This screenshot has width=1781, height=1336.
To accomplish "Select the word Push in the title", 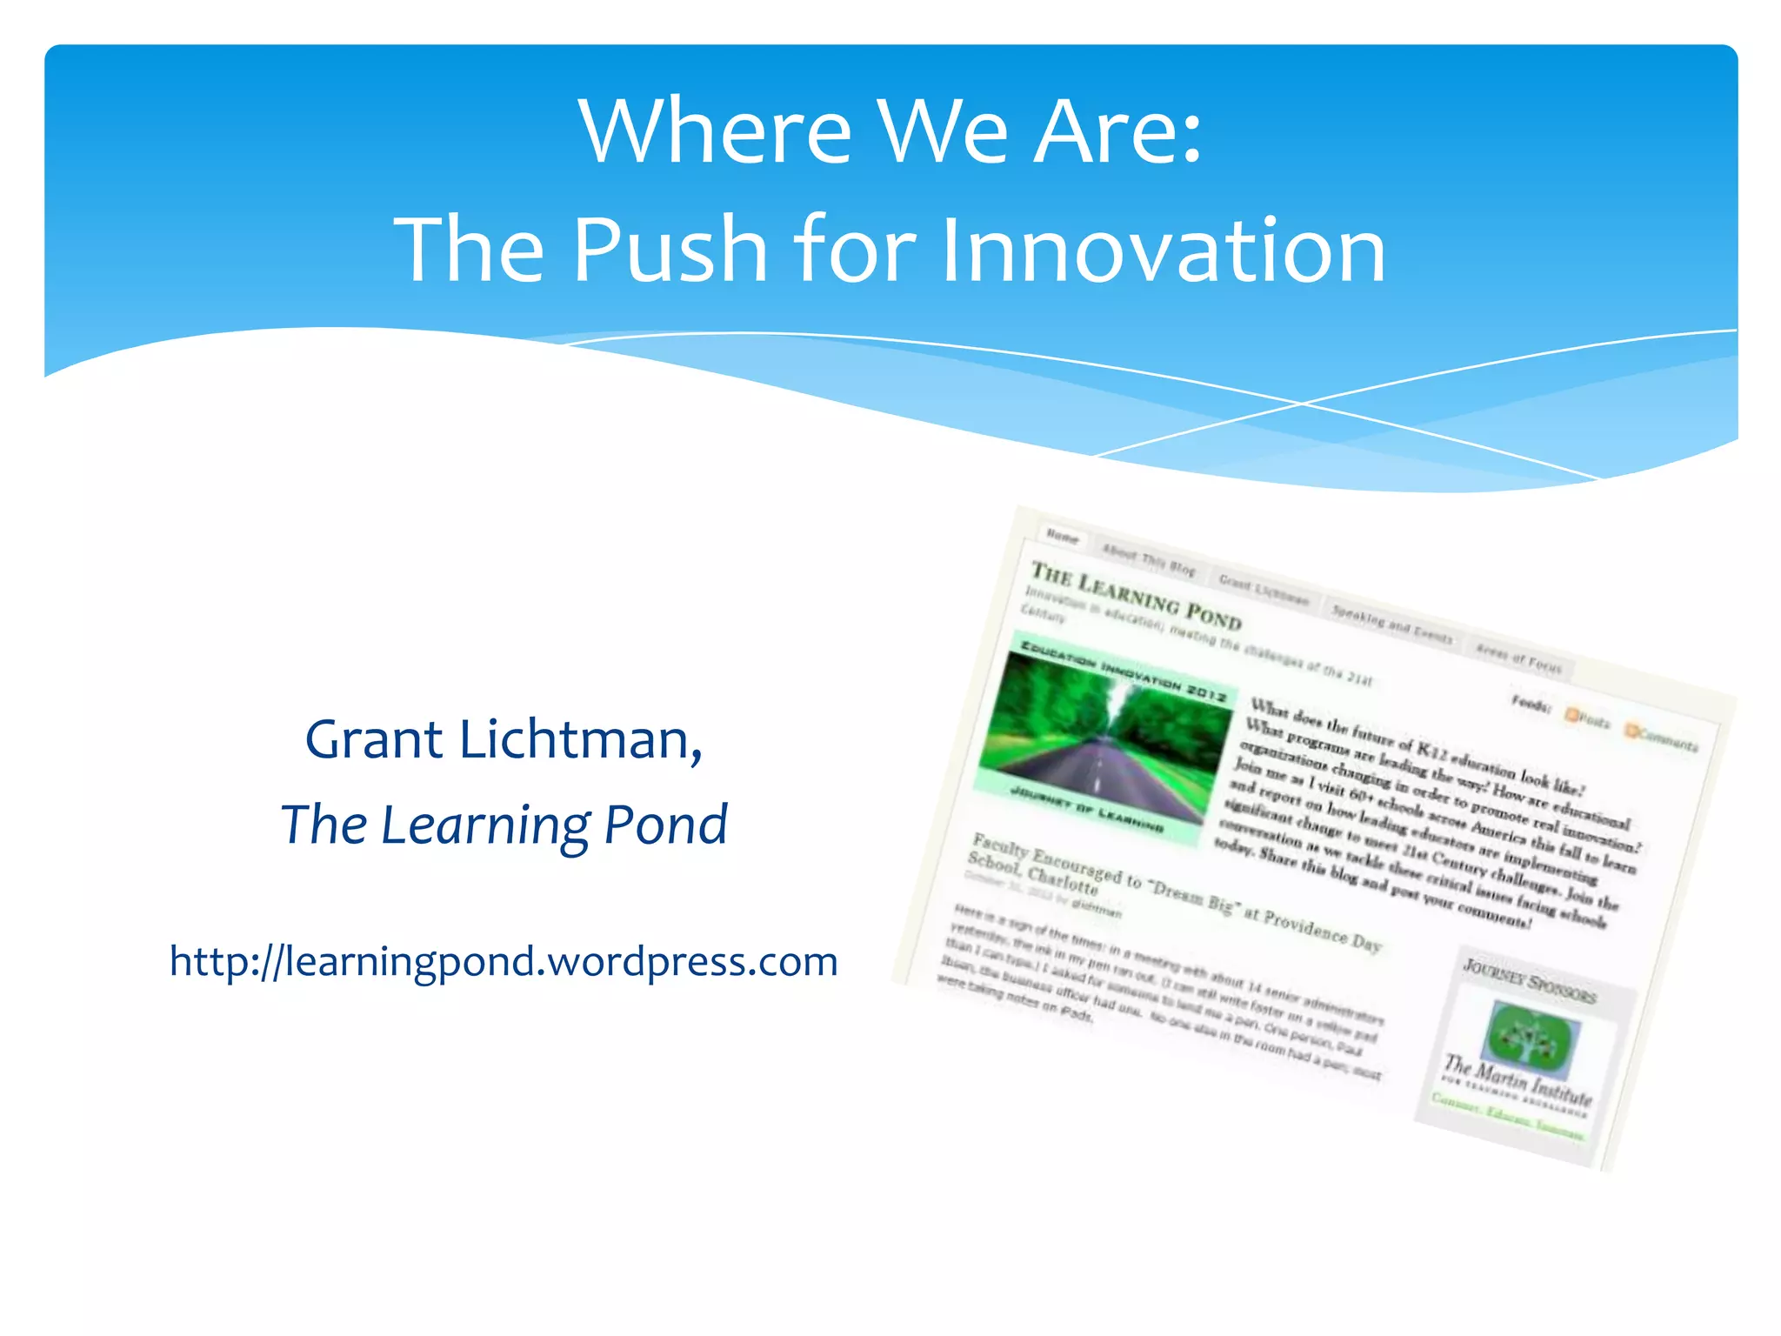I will point(670,250).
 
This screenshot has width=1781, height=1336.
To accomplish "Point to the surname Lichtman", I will point(580,739).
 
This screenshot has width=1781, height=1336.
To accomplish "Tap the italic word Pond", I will point(666,825).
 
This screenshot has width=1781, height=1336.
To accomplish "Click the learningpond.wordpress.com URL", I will point(504,961).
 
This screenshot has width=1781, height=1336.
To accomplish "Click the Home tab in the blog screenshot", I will point(1062,537).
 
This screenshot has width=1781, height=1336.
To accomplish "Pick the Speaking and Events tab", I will point(1391,624).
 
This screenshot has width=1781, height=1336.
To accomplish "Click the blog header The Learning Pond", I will point(1136,594).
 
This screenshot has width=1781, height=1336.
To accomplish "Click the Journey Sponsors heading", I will point(1529,980).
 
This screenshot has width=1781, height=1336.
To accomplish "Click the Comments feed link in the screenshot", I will point(1662,738).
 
